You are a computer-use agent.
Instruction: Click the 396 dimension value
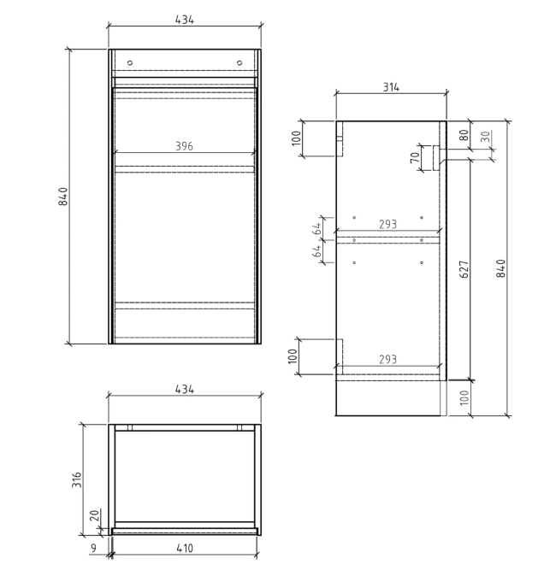coord(184,146)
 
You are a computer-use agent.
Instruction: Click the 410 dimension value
coord(184,548)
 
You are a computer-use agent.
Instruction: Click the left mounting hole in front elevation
coord(130,62)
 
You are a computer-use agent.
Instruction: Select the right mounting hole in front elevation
coord(240,62)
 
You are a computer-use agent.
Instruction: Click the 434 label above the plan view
coord(184,389)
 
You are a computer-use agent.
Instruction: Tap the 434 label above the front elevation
coord(184,19)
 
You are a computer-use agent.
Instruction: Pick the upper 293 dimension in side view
coord(387,225)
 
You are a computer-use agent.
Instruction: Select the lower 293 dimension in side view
coord(387,360)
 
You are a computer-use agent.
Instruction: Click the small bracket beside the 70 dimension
coord(435,157)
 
